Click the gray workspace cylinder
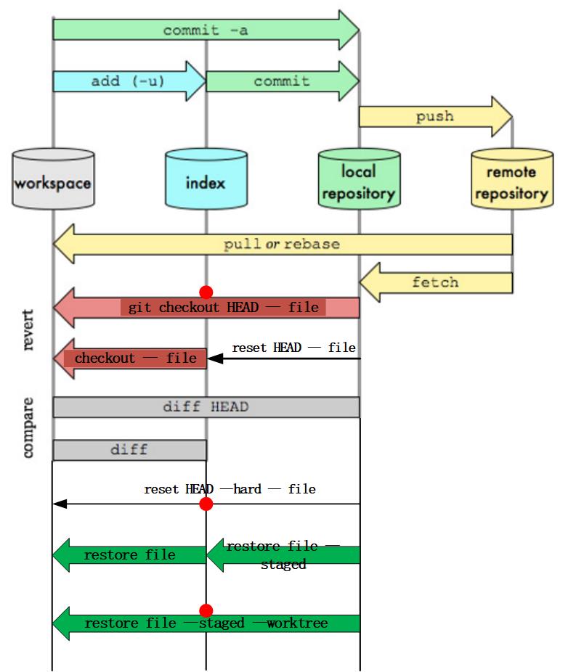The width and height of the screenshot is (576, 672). click(53, 181)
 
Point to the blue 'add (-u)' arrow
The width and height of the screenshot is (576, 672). click(129, 81)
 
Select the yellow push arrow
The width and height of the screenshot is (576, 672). click(435, 116)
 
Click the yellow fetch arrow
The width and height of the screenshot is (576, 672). click(435, 282)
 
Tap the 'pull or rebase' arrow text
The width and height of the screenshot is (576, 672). click(282, 244)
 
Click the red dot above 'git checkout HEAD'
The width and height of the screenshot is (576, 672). click(206, 292)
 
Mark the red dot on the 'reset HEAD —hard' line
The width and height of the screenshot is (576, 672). click(206, 504)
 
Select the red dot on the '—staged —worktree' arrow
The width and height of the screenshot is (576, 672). click(206, 610)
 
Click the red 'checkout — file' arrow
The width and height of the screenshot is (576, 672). click(131, 358)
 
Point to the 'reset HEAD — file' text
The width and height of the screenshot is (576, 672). click(293, 348)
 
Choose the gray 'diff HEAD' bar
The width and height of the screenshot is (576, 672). click(206, 407)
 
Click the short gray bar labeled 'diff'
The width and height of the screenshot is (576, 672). click(129, 450)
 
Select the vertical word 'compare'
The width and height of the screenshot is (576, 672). click(28, 427)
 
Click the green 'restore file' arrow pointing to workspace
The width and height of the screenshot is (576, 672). click(129, 555)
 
